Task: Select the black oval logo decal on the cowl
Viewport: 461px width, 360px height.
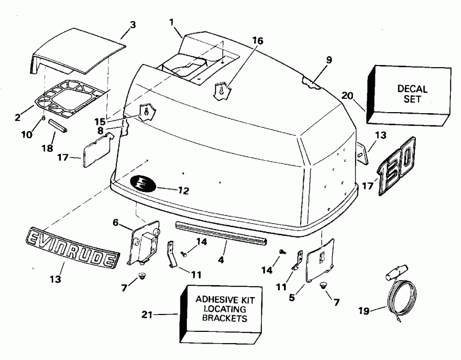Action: click(145, 183)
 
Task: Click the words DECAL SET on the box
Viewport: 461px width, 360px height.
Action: click(412, 94)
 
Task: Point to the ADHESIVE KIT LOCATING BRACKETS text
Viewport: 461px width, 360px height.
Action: click(222, 309)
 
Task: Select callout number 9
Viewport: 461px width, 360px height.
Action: click(328, 59)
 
